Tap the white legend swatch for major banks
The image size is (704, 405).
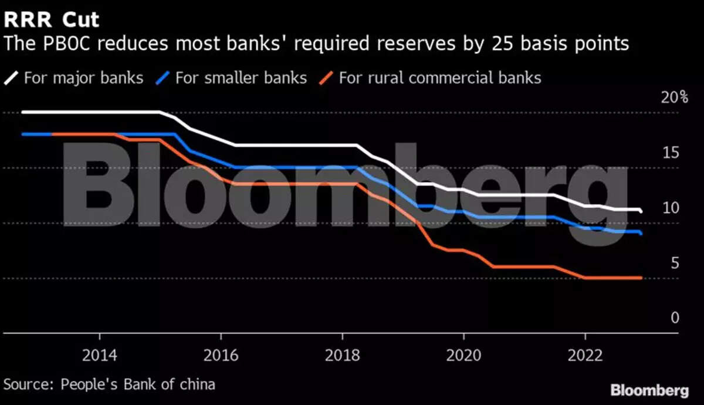(12, 77)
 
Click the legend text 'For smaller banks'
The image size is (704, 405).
(241, 77)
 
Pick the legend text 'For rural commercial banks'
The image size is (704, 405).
(439, 77)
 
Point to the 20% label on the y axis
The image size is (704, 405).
(674, 97)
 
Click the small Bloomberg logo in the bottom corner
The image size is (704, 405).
(649, 390)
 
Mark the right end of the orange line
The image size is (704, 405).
(641, 278)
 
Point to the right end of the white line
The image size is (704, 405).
(641, 211)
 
